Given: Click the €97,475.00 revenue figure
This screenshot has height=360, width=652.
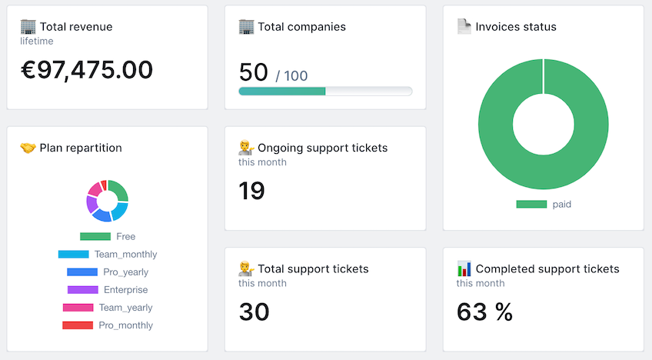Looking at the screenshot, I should (86, 70).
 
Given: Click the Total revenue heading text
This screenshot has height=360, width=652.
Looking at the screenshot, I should (75, 27).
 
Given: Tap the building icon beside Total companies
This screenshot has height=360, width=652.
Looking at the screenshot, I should (246, 27).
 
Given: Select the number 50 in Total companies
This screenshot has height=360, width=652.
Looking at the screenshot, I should (253, 72).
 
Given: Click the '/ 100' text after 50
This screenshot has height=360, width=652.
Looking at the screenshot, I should (291, 75).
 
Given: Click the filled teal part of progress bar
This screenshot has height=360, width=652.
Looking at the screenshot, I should (281, 91).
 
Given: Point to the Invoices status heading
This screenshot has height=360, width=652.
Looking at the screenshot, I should (515, 27).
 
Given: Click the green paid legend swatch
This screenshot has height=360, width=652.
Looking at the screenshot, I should (531, 204).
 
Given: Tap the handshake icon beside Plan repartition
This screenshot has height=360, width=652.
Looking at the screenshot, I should (28, 148).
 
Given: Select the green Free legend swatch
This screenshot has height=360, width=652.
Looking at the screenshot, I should (95, 236).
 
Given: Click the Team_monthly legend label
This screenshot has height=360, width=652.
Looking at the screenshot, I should (125, 254).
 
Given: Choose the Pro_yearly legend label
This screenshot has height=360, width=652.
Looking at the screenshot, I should (125, 272).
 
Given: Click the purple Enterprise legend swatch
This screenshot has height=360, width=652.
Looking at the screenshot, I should (82, 290).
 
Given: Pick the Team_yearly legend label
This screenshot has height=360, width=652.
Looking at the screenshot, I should (125, 308).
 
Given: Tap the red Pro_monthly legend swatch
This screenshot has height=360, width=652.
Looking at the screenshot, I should (78, 325).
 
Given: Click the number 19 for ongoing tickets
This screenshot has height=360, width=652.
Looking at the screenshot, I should (251, 190).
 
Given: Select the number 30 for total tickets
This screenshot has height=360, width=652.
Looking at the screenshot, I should (254, 312).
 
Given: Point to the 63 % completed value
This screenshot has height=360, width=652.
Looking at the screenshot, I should (484, 312).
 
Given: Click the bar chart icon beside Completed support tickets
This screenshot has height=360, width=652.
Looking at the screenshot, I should (464, 268).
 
